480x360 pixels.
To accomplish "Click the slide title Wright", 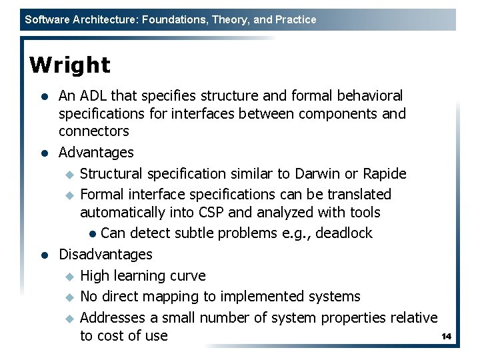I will tap(70, 65).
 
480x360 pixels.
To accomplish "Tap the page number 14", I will tap(447, 337).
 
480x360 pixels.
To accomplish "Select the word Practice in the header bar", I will tap(295, 20).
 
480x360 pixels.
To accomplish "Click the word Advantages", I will tap(96, 153).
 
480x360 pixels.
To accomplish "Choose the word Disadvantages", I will tap(105, 254).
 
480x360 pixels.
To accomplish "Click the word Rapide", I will tap(385, 174).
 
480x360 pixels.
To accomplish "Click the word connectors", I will tap(93, 131).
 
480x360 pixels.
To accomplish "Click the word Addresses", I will tap(111, 317).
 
